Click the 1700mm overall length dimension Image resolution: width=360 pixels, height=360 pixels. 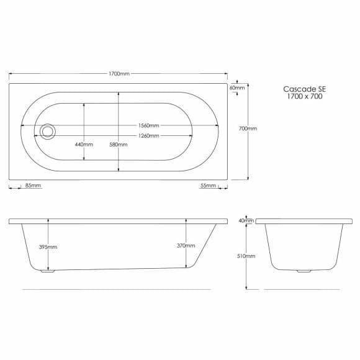tap(119, 74)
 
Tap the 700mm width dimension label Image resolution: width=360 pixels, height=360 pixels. tap(248, 128)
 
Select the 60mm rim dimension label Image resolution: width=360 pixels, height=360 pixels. tap(237, 88)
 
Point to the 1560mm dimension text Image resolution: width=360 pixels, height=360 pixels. tap(149, 125)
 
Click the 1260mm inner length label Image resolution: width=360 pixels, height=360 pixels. tap(149, 136)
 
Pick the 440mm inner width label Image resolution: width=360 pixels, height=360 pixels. tap(84, 145)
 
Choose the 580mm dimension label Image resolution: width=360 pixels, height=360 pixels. tap(118, 145)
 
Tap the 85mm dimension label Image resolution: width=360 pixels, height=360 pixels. tap(34, 186)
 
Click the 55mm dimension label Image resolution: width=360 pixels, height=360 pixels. tap(208, 186)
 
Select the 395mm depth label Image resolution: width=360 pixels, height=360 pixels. tap(48, 247)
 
